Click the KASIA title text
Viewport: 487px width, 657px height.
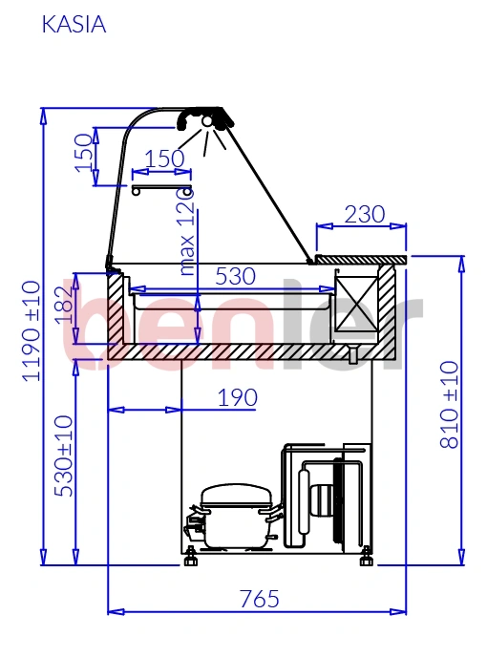pyautogui.click(x=74, y=24)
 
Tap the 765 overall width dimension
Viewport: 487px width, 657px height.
pyautogui.click(x=260, y=599)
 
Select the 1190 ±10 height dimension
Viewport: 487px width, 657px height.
pyautogui.click(x=32, y=331)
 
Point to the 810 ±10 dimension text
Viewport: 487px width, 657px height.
pyautogui.click(x=450, y=404)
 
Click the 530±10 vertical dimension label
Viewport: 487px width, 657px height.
pyautogui.click(x=64, y=456)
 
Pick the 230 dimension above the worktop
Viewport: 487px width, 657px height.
pyautogui.click(x=365, y=214)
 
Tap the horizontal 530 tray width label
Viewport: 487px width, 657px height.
pyautogui.click(x=235, y=276)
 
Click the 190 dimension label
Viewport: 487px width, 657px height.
pyautogui.click(x=237, y=397)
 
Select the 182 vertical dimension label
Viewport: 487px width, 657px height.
pyautogui.click(x=65, y=305)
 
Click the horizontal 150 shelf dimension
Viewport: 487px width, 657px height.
pyautogui.click(x=164, y=159)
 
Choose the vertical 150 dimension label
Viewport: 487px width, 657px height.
pyautogui.click(x=84, y=153)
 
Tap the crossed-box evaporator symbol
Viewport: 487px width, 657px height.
pyautogui.click(x=357, y=304)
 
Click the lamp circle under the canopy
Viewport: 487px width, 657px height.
pyautogui.click(x=207, y=121)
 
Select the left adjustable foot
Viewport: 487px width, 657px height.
pyautogui.click(x=190, y=557)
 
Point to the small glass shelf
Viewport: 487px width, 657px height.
pyautogui.click(x=161, y=189)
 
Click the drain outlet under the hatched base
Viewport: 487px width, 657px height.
pyautogui.click(x=353, y=354)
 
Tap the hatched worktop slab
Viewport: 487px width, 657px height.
pyautogui.click(x=360, y=260)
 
